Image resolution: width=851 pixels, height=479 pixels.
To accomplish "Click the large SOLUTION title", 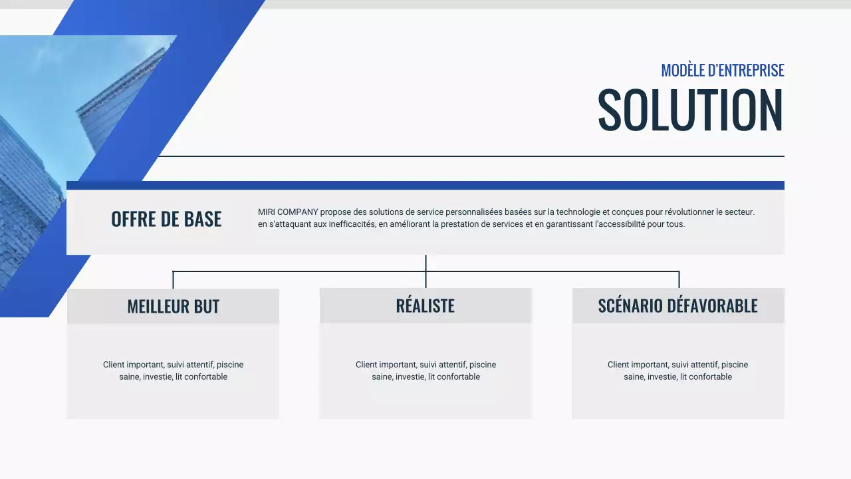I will coord(690,110).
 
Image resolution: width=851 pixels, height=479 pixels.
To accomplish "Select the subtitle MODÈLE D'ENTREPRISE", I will coord(722,70).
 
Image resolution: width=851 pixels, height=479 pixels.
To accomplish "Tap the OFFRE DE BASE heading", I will coord(166,219).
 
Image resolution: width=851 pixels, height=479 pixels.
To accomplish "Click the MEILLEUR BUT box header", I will coord(173,307).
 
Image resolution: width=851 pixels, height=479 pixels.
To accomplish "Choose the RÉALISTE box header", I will coord(425,306).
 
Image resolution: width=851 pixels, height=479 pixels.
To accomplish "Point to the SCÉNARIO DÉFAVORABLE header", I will coord(677,306).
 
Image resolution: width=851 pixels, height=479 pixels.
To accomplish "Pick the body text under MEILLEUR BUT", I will coord(173,371).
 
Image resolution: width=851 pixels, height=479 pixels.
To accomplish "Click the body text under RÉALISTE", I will coord(425,371).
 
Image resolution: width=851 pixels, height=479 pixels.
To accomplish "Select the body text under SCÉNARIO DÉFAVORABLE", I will coord(677,371).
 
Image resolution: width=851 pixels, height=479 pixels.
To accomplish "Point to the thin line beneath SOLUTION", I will coord(465,156).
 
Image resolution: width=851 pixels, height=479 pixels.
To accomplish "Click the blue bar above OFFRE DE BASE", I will coord(425,185).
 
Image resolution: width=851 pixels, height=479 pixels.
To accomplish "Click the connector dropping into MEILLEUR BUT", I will coord(173,279).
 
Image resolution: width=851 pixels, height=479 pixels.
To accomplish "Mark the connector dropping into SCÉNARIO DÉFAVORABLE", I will coord(679,279).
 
